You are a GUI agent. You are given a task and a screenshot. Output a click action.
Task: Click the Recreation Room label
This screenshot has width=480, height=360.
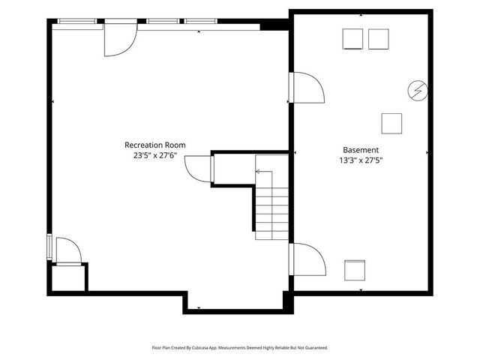coord(154,145)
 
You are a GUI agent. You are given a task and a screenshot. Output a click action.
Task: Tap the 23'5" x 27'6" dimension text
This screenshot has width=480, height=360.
coord(154,155)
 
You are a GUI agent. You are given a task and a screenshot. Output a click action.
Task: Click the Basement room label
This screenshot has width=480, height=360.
coord(361,150)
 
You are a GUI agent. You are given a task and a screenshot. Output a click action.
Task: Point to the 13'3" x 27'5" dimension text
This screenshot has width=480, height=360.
coord(361,160)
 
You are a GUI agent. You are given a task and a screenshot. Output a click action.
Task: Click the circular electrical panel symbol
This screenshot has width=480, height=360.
coord(416,91)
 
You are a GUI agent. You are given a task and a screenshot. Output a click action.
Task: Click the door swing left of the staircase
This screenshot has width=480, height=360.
coord(198,168)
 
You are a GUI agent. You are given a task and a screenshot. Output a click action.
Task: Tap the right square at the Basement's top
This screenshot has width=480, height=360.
coord(379,39)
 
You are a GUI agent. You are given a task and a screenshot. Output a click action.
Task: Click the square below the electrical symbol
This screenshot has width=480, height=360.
coord(391,122)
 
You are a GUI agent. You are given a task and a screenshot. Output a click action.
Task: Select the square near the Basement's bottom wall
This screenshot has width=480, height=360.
coord(354,269)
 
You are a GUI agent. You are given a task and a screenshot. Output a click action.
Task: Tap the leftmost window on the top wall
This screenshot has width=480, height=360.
coord(76,21)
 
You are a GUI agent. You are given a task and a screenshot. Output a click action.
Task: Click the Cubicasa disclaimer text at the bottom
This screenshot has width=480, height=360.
coord(240,348)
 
